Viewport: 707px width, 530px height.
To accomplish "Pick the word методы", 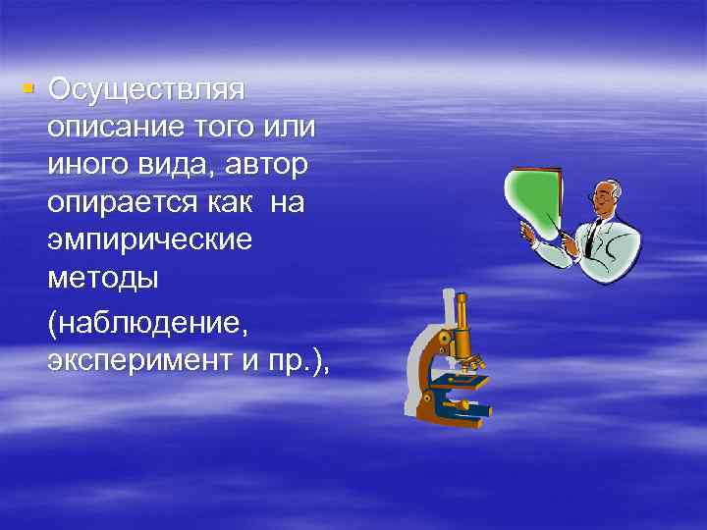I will pyautogui.click(x=101, y=278).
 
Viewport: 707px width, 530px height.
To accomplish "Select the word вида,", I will pyautogui.click(x=177, y=166).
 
